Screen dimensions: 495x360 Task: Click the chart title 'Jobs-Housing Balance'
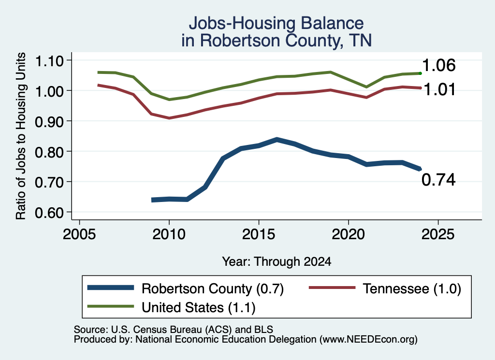276,23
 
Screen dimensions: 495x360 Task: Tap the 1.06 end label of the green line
438,65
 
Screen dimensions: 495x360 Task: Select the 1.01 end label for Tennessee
439,89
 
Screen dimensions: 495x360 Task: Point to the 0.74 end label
438,180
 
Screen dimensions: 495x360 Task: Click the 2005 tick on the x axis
79,234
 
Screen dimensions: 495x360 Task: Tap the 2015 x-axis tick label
259,234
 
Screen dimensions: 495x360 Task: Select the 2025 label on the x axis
438,234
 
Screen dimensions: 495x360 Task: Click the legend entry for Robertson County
186,288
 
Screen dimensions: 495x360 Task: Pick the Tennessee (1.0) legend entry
385,288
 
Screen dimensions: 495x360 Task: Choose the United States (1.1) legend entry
172,307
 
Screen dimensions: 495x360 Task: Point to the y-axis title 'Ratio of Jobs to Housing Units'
21,136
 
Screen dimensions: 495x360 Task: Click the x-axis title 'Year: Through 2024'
277,261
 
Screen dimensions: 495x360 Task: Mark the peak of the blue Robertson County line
277,140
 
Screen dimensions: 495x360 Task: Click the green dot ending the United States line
420,73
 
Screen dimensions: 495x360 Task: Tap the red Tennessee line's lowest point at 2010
169,118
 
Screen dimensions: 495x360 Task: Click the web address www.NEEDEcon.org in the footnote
368,340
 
